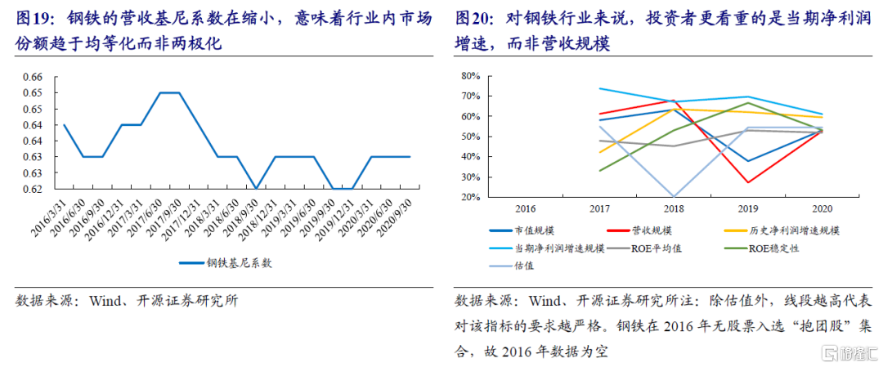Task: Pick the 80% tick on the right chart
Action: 469,77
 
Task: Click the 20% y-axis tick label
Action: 469,198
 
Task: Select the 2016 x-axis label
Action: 527,208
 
